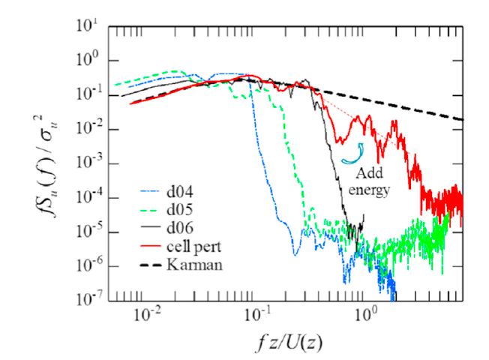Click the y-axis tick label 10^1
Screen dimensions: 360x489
88,26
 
